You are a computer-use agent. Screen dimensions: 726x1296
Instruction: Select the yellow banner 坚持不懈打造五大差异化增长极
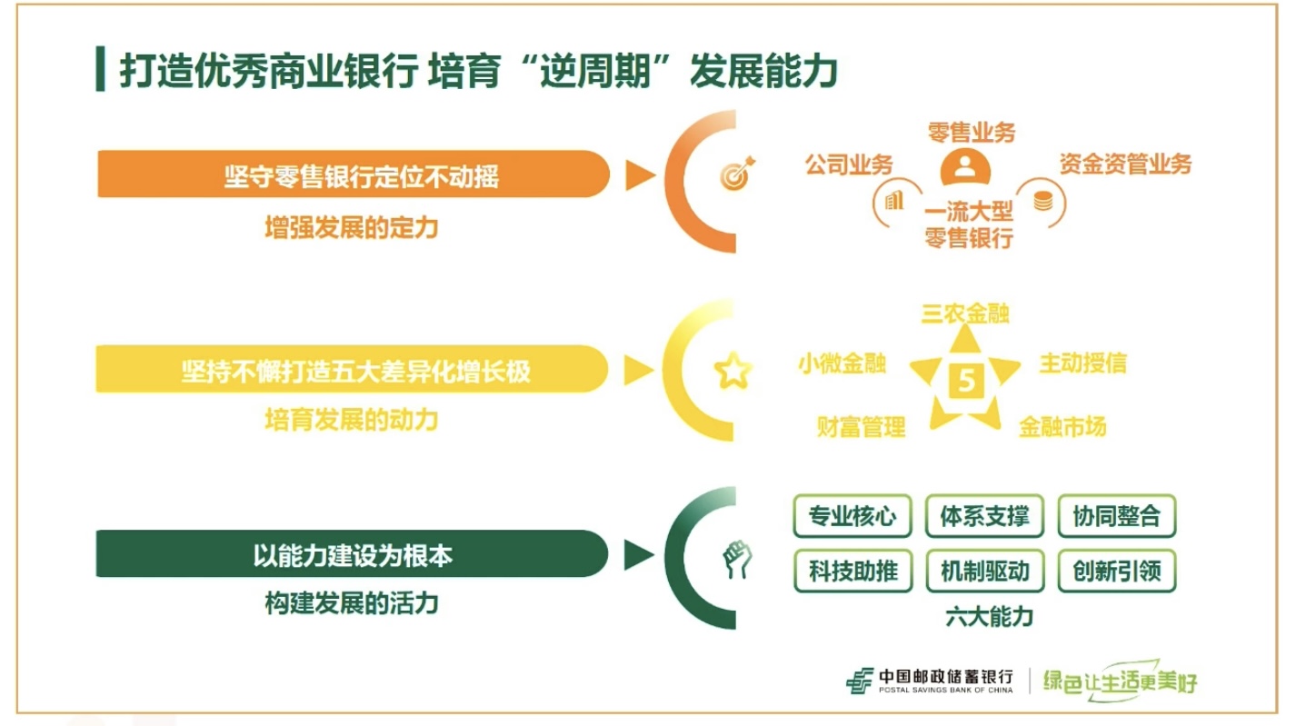354,370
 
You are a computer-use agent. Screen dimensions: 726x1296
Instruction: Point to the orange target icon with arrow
736,173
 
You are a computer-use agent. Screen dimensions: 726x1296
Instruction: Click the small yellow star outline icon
733,371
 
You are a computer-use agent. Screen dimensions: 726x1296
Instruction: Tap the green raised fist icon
733,557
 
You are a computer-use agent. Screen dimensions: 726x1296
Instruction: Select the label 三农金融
965,313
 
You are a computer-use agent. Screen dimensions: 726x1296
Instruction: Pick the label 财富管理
861,426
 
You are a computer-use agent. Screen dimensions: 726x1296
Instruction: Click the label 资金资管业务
1124,164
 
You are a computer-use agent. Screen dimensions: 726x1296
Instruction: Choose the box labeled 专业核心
852,517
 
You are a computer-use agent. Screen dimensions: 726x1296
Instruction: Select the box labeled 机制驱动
984,571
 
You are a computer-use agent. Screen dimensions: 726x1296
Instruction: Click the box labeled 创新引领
1117,571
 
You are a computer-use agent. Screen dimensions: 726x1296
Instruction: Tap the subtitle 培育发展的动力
351,420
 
